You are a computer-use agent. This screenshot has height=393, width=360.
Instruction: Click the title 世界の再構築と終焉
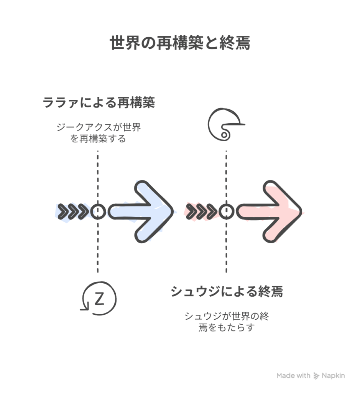[180, 43]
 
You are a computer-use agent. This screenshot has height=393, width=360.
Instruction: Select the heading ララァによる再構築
[99, 103]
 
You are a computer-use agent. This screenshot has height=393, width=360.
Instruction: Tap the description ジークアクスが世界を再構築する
[98, 132]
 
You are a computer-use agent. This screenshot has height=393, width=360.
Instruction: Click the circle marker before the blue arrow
[98, 211]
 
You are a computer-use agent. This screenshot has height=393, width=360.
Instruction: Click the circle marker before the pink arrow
[227, 211]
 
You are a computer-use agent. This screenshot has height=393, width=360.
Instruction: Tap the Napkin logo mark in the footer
[316, 376]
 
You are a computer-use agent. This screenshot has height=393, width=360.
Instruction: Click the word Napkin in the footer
[333, 376]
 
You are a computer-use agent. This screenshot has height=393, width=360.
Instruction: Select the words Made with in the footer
[293, 376]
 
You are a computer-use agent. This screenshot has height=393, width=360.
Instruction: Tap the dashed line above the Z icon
[98, 249]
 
